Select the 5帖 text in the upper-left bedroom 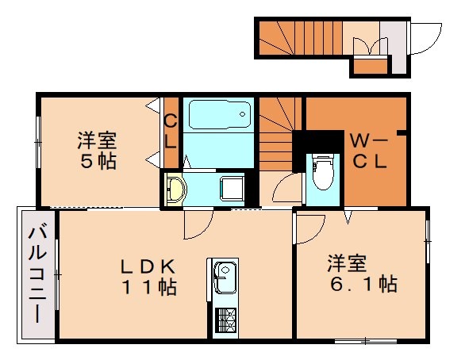coord(97,162)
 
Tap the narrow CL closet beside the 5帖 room coord(170,132)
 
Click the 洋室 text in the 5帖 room coord(97,141)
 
